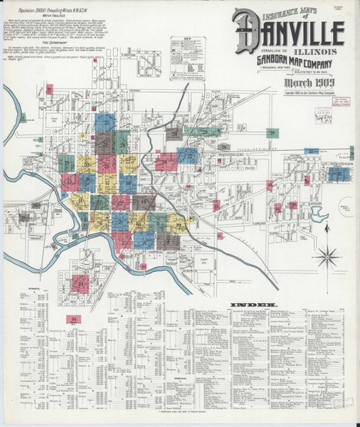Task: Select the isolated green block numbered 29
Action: click(272, 133)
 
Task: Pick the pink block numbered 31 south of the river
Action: click(83, 285)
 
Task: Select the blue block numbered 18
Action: click(88, 184)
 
